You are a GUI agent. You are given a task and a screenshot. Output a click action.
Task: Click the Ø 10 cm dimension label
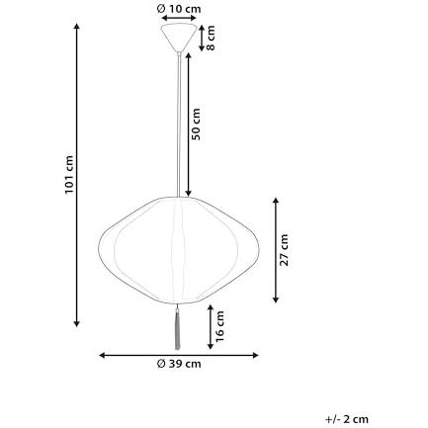[179, 9]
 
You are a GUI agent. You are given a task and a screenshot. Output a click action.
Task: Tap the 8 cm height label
[211, 38]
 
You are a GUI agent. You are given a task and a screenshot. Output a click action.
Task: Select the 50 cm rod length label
[196, 124]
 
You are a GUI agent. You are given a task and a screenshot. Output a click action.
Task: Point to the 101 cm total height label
[69, 175]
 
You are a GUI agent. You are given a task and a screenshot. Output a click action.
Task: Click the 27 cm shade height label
[284, 250]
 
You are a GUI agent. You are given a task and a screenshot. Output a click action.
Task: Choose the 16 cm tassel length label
[219, 326]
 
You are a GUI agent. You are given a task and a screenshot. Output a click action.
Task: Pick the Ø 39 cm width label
[179, 364]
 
